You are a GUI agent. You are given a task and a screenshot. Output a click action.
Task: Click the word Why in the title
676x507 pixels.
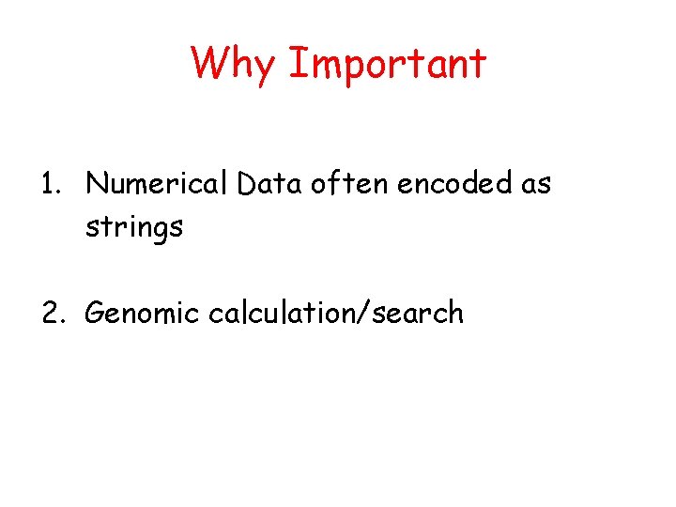click(x=233, y=64)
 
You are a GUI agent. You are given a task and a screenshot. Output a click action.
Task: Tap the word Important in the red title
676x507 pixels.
click(x=387, y=64)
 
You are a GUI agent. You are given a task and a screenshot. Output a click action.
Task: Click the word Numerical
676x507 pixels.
click(x=157, y=185)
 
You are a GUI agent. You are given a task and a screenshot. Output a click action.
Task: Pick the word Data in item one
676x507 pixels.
click(x=267, y=185)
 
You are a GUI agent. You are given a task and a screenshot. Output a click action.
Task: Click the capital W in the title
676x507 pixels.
click(x=209, y=63)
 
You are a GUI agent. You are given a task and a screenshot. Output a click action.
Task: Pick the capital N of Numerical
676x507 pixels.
click(x=96, y=185)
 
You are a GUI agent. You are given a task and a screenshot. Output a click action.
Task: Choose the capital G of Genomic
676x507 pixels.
click(x=96, y=313)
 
